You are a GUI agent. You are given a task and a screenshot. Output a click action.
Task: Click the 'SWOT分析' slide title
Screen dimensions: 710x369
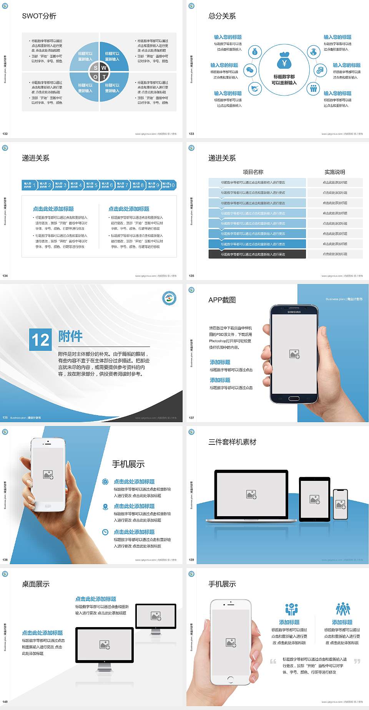39,16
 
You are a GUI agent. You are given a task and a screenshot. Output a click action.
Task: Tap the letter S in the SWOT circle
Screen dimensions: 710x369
96,68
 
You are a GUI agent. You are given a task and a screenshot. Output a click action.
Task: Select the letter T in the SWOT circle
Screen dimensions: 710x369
104,77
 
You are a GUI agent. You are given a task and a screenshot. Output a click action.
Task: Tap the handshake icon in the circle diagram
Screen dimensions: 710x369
255,89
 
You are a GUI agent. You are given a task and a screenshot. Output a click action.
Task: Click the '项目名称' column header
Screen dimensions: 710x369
253,172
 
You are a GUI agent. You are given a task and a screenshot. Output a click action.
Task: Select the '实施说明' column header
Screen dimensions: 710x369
335,172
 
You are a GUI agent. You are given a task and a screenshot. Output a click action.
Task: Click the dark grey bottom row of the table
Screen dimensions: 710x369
257,254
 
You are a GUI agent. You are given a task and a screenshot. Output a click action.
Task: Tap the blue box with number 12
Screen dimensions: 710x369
40,340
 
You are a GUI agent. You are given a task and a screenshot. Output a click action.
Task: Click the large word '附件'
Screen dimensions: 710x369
70,336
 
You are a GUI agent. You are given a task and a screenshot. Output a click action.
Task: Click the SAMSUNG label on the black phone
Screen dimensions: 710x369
294,312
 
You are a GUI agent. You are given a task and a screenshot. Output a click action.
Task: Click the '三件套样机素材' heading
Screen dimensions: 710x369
232,442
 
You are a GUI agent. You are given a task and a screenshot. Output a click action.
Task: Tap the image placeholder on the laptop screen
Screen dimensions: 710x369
251,494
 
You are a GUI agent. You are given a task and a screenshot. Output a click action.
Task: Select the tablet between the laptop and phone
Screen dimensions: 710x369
314,499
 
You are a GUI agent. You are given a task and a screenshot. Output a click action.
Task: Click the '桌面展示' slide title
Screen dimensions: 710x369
36,584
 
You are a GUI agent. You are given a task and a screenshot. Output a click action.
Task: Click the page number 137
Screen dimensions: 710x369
191,418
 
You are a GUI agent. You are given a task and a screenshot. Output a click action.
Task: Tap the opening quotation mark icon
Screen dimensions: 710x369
273,661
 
